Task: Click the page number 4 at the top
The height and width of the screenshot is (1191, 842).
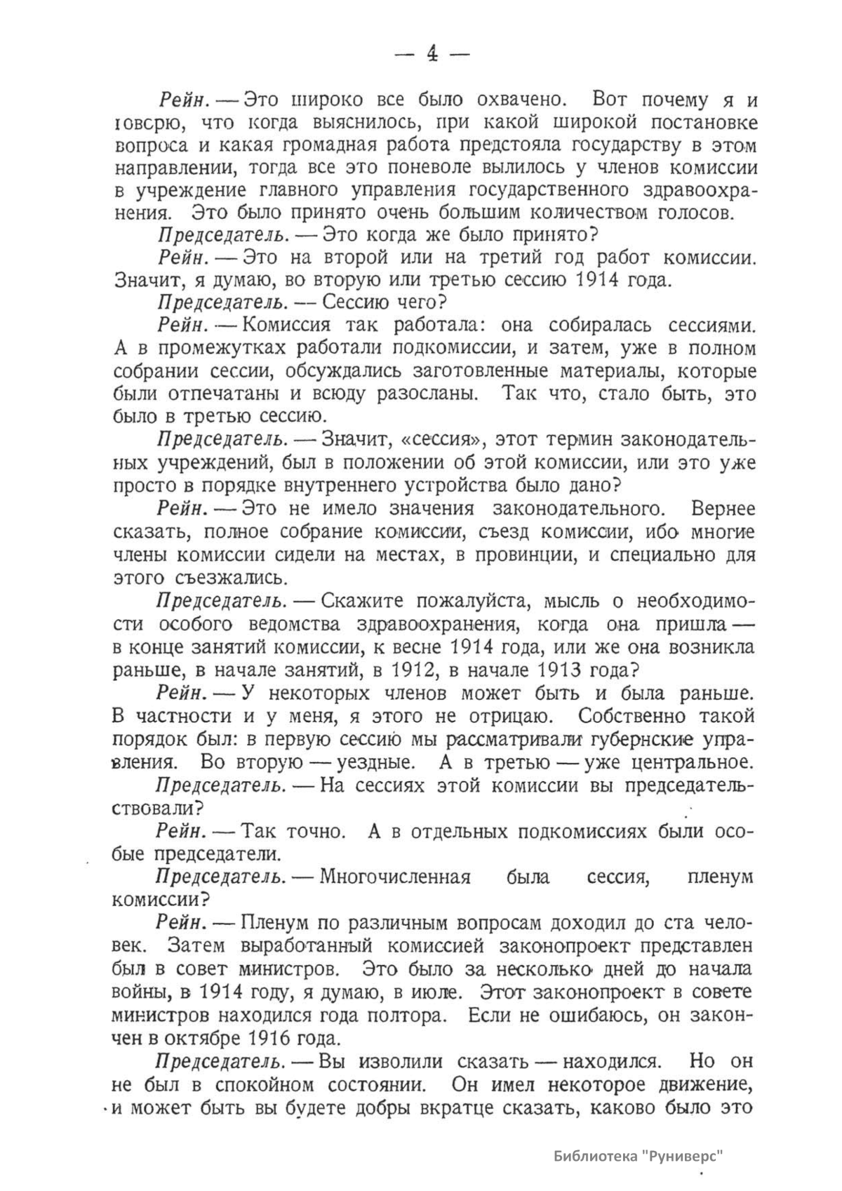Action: click(x=432, y=53)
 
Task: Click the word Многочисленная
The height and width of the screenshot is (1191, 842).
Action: click(x=395, y=877)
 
